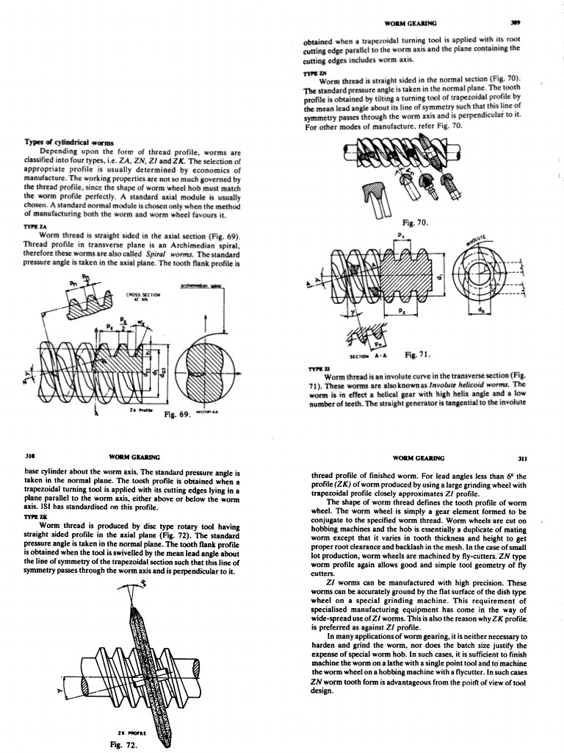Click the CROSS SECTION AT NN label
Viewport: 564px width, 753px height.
tap(141, 296)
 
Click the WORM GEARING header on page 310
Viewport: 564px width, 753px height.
tap(135, 457)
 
